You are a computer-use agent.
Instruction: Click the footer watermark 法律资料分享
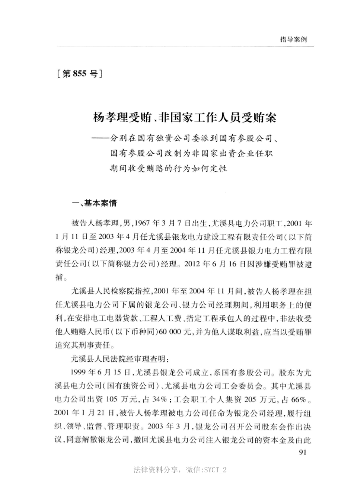[x=158, y=469]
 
